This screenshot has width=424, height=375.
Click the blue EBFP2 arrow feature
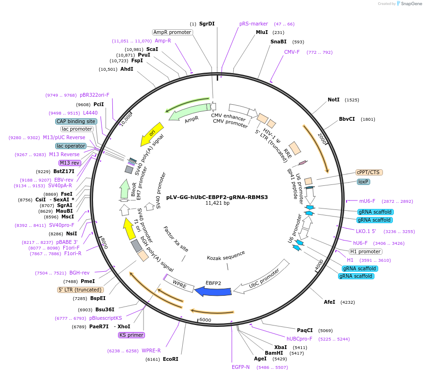click(213, 292)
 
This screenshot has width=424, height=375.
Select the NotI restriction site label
click(333, 100)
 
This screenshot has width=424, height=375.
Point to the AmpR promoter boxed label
click(172, 32)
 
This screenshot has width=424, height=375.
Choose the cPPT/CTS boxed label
click(369, 173)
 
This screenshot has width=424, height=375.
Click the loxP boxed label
click(363, 182)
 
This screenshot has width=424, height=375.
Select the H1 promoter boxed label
click(365, 251)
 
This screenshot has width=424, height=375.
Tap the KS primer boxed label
click(131, 335)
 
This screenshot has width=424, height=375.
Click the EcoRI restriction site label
click(170, 359)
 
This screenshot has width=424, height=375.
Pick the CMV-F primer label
click(292, 52)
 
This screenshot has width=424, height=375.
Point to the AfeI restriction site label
click(329, 302)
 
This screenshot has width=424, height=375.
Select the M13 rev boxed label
click(69, 163)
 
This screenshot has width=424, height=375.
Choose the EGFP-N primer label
click(241, 367)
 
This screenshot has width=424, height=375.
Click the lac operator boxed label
click(71, 146)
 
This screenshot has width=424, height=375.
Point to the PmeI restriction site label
click(88, 281)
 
